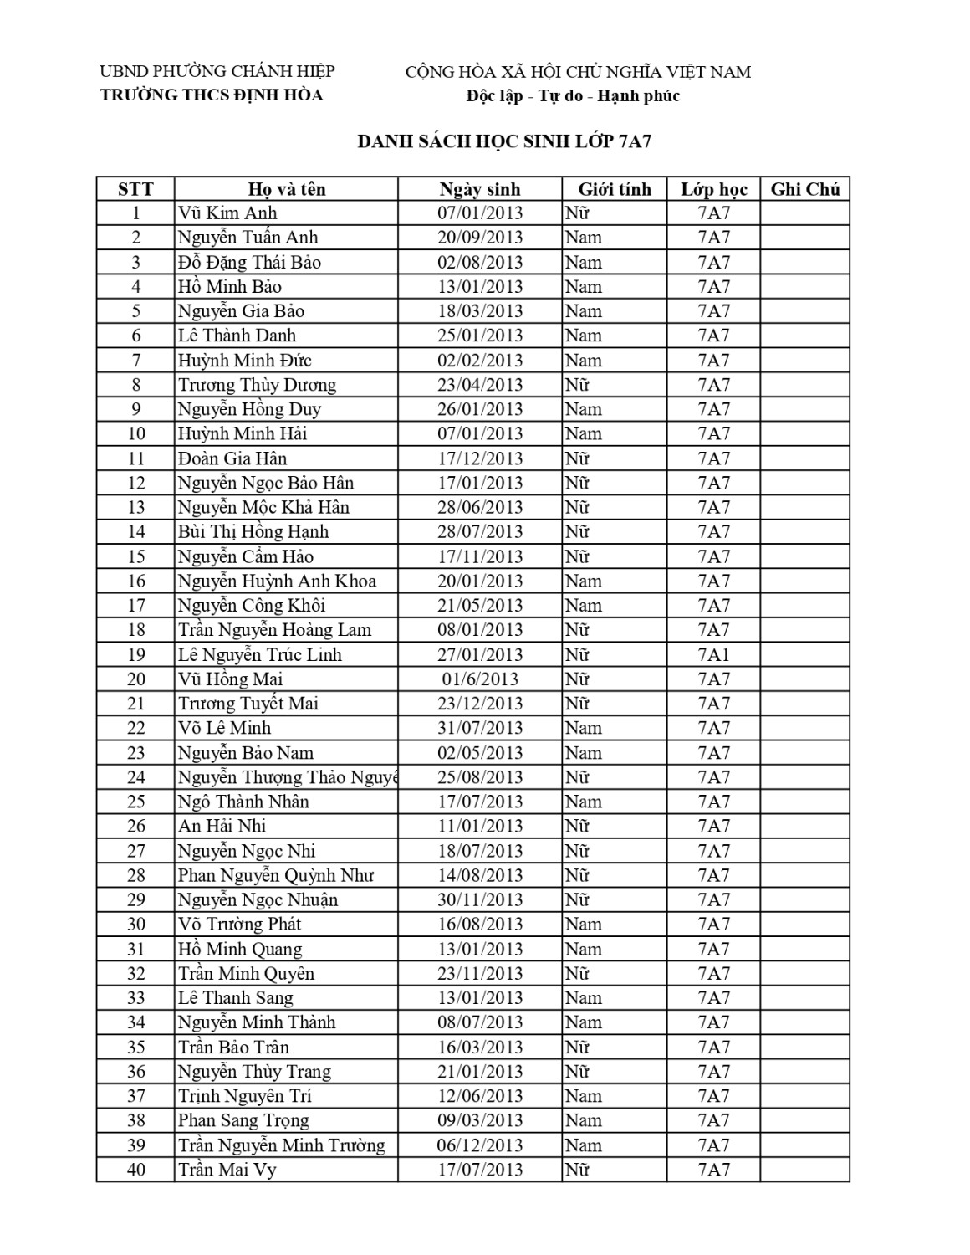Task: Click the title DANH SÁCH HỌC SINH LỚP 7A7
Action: point(504,141)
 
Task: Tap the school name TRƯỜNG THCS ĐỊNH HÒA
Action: point(212,95)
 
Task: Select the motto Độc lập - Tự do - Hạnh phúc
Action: point(573,95)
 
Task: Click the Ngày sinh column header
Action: point(480,189)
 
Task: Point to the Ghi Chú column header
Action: point(804,189)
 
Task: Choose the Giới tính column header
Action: point(614,189)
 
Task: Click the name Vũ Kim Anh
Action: point(227,213)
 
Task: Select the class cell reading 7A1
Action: point(713,654)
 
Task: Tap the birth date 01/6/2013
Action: point(480,679)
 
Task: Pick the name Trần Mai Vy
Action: point(227,1170)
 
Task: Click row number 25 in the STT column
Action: point(135,802)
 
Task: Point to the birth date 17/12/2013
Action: point(480,458)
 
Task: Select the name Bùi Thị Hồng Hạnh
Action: point(253,532)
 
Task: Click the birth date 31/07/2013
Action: point(480,728)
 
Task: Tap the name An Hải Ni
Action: point(222,827)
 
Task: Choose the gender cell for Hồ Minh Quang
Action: point(583,949)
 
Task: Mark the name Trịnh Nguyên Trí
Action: point(245,1096)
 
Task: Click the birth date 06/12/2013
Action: point(480,1145)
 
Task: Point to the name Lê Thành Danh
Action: point(237,336)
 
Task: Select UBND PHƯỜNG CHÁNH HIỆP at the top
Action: point(217,72)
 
